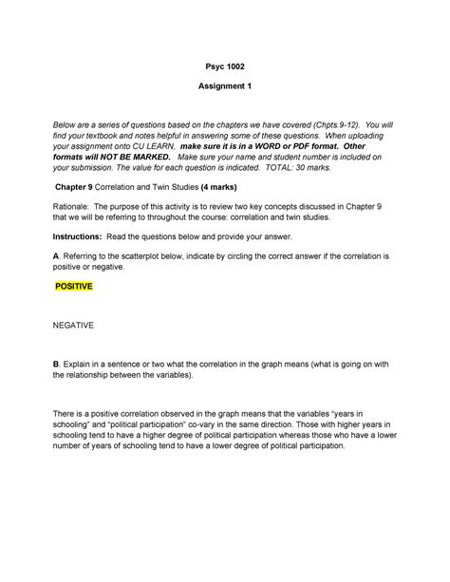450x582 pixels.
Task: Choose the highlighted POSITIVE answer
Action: (80, 285)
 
